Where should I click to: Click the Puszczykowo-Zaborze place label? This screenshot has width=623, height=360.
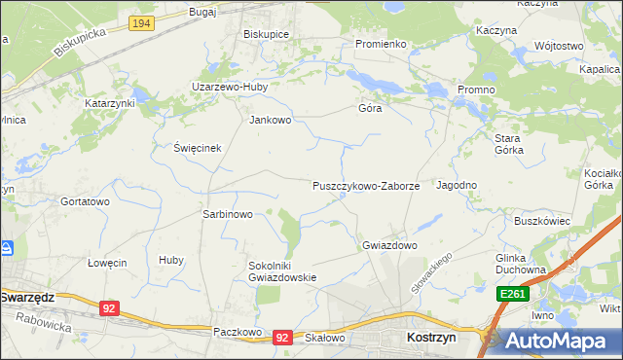[366, 186]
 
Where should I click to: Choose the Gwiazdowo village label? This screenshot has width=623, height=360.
[389, 246]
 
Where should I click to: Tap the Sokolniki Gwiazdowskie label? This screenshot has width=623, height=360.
[283, 270]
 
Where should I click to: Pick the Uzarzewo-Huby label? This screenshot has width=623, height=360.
[239, 87]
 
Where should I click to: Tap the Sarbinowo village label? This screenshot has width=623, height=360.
[227, 214]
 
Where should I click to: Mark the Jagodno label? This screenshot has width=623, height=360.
[457, 185]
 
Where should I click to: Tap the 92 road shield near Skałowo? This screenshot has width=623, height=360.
[282, 338]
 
